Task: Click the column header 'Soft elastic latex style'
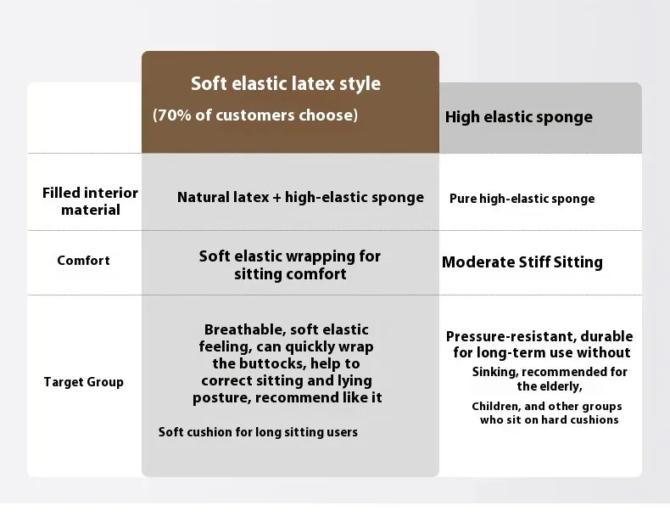[x=286, y=83]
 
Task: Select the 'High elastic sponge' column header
[x=519, y=117]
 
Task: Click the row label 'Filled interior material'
[x=90, y=201]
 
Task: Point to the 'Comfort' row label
[x=83, y=260]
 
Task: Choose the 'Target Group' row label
[x=83, y=381]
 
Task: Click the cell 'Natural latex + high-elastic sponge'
[x=300, y=197]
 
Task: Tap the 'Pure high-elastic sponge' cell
[x=522, y=199]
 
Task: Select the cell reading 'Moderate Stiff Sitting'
[x=522, y=261]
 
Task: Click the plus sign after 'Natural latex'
[x=276, y=198]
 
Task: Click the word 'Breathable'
[x=245, y=329]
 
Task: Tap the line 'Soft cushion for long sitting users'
[x=258, y=432]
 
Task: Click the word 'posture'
[x=221, y=397]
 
